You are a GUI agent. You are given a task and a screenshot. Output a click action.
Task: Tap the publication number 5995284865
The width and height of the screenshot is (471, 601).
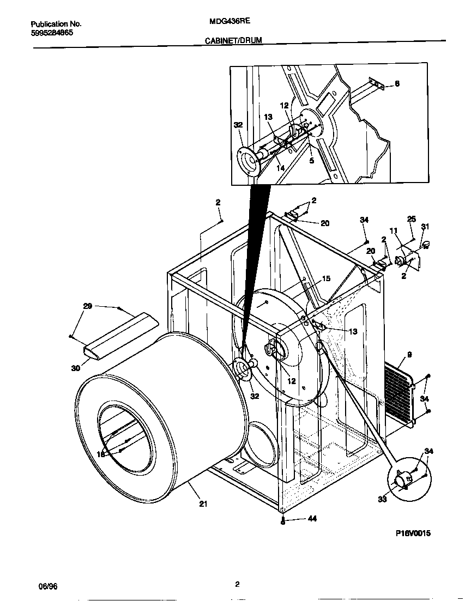(x=52, y=33)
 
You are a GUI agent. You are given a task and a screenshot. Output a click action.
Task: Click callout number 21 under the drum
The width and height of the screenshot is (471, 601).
(x=203, y=504)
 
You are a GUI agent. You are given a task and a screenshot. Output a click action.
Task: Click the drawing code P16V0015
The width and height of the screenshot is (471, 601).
(x=413, y=534)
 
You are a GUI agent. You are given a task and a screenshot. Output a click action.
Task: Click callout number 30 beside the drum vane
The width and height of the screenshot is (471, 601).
(x=75, y=368)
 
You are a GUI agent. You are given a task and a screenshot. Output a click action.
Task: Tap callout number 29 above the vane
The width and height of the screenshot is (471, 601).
(x=87, y=307)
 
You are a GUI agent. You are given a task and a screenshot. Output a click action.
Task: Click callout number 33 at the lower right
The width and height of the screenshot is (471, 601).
(x=383, y=499)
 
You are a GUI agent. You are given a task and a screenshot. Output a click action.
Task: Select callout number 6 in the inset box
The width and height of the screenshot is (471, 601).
(x=397, y=83)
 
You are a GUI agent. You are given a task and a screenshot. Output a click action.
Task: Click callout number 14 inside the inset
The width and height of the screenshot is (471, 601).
(x=280, y=168)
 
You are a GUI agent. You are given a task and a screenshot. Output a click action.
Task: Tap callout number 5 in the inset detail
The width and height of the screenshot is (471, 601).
(x=311, y=161)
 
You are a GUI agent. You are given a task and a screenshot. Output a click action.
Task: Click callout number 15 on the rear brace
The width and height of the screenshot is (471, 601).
(x=325, y=278)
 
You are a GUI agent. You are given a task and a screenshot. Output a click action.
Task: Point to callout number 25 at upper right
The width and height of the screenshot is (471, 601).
(x=411, y=219)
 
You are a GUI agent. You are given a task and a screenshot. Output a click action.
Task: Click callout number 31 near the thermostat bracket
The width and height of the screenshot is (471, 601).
(x=425, y=227)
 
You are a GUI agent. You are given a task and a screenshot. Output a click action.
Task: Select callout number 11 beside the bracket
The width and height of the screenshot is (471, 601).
(x=394, y=230)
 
